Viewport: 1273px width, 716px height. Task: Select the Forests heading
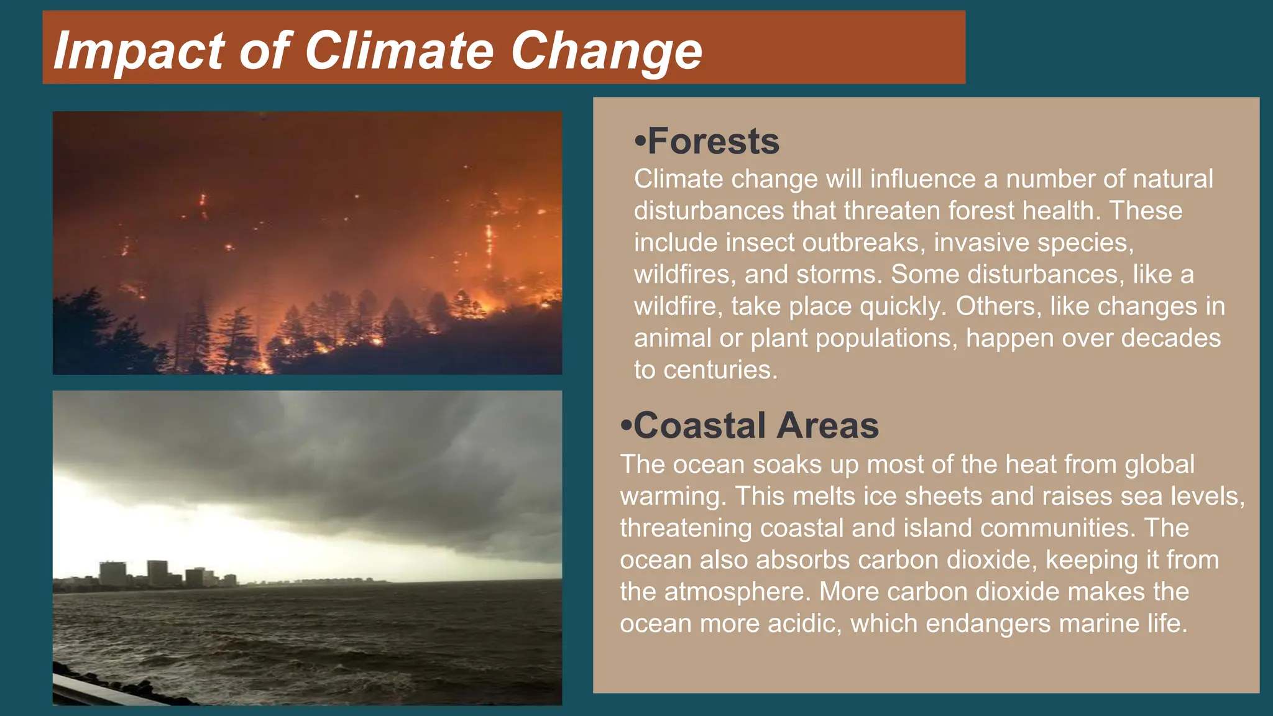pyautogui.click(x=713, y=141)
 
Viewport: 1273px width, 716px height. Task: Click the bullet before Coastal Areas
pyautogui.click(x=626, y=426)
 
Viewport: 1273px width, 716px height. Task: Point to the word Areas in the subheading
pyautogui.click(x=827, y=426)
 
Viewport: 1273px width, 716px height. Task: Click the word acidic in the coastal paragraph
pyautogui.click(x=804, y=623)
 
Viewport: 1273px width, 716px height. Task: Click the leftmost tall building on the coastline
pyautogui.click(x=113, y=573)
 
